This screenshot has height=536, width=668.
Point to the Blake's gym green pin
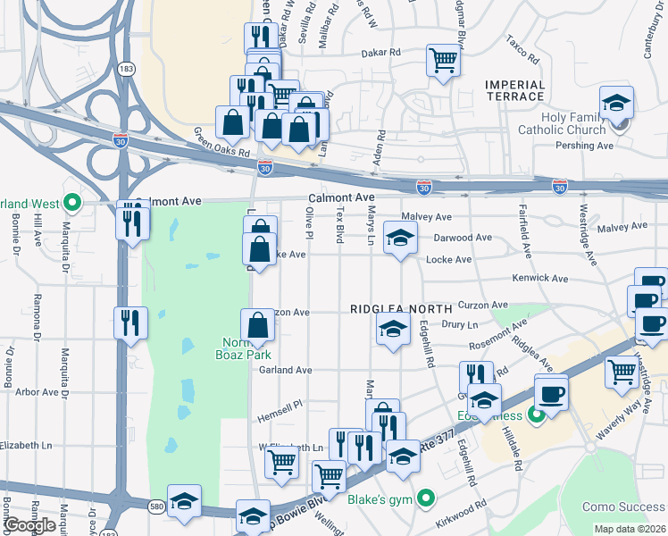point(426,498)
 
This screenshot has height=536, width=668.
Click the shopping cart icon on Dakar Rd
point(442,61)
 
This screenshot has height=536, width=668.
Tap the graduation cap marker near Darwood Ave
point(400,239)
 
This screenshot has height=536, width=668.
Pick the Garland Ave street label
point(286,370)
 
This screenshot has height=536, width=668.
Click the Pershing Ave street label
point(593,146)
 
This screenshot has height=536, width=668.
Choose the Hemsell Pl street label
point(281,404)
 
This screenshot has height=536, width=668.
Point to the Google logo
point(29,525)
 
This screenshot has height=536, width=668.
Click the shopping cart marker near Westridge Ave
point(622,372)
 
